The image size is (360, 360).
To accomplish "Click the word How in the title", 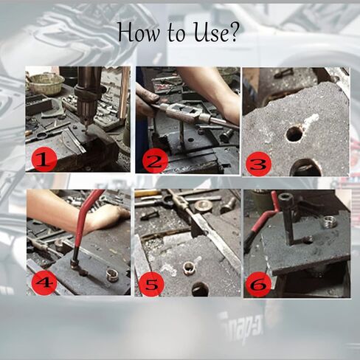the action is tap(138, 32).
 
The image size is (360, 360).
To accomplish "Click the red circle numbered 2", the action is tap(155, 161).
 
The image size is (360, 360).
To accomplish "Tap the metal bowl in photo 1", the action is tap(46, 83).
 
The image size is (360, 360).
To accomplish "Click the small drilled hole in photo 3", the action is tap(294, 134).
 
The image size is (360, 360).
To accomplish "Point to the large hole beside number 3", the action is tap(306, 167).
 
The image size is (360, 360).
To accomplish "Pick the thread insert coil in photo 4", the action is tap(111, 275).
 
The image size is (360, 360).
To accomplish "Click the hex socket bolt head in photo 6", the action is tap(285, 199).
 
